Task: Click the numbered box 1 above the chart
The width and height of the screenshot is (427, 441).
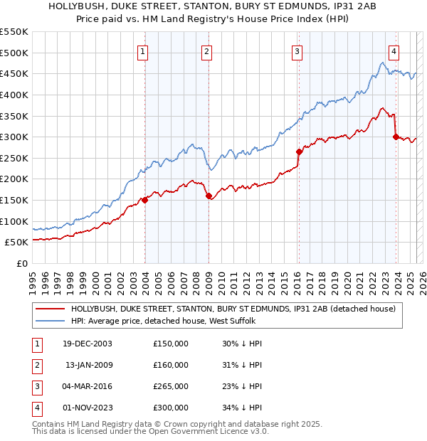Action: click(143, 51)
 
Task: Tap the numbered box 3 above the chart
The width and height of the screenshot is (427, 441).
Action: click(297, 51)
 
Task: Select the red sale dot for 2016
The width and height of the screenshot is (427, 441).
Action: click(299, 152)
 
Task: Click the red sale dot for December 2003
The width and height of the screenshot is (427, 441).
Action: click(145, 200)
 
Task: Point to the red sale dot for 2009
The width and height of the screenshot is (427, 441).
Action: click(209, 196)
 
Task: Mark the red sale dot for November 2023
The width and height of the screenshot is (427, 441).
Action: click(396, 137)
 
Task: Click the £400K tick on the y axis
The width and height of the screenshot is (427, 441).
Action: click(14, 95)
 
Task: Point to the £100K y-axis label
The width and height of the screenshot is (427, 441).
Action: click(14, 221)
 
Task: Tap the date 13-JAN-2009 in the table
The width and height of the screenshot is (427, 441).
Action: click(88, 365)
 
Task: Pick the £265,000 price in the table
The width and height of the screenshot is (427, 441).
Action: click(171, 386)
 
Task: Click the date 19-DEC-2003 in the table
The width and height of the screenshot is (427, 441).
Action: click(88, 344)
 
